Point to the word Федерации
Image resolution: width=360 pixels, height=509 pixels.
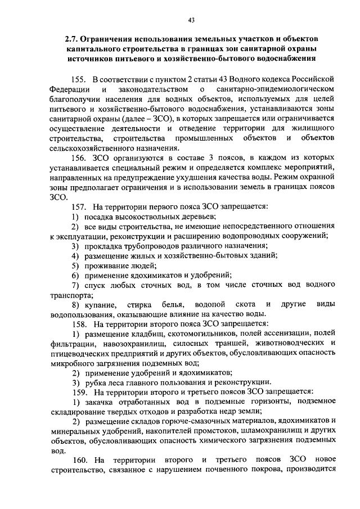[x=69, y=89]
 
